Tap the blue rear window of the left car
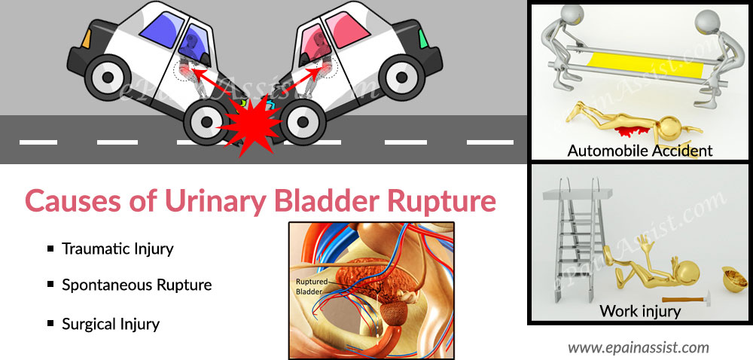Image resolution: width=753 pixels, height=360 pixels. coord(161,29)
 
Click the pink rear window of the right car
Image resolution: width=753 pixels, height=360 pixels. coord(346,29)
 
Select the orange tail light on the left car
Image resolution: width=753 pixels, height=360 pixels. coord(87,38)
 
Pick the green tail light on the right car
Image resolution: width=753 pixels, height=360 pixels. coord(423,39)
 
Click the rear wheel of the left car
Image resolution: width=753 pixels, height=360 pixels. coord(108,77)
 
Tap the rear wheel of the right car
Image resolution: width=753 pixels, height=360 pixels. coord(402,77)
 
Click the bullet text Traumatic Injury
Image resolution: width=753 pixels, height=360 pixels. coord(117,249)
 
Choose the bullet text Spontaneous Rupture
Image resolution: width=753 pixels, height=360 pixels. coord(137,285)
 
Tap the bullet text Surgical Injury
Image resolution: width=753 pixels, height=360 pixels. coord(111,324)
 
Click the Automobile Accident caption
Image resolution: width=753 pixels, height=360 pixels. coord(640,150)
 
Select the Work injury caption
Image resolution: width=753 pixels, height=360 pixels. coord(640,311)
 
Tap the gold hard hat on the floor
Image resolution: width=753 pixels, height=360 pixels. coord(735,280)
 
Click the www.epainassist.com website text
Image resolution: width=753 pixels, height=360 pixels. coord(639,347)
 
